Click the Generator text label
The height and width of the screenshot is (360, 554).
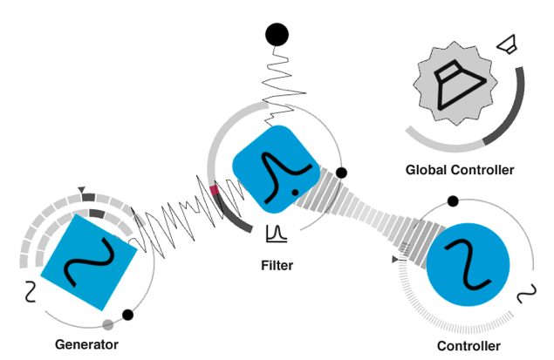click(85, 344)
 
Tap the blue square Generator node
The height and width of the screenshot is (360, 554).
click(87, 262)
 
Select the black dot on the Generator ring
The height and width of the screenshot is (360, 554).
click(128, 315)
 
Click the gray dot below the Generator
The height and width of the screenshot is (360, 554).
click(108, 325)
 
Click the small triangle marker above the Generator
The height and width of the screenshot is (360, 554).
click(82, 190)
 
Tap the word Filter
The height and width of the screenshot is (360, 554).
click(277, 265)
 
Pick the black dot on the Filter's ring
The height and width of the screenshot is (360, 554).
click(342, 173)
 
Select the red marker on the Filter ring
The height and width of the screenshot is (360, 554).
click(215, 189)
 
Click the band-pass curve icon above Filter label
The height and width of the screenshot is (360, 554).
click(277, 233)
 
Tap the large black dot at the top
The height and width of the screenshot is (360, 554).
click(277, 35)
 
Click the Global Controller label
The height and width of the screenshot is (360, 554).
click(460, 170)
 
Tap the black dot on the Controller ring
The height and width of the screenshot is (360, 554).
click(452, 201)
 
